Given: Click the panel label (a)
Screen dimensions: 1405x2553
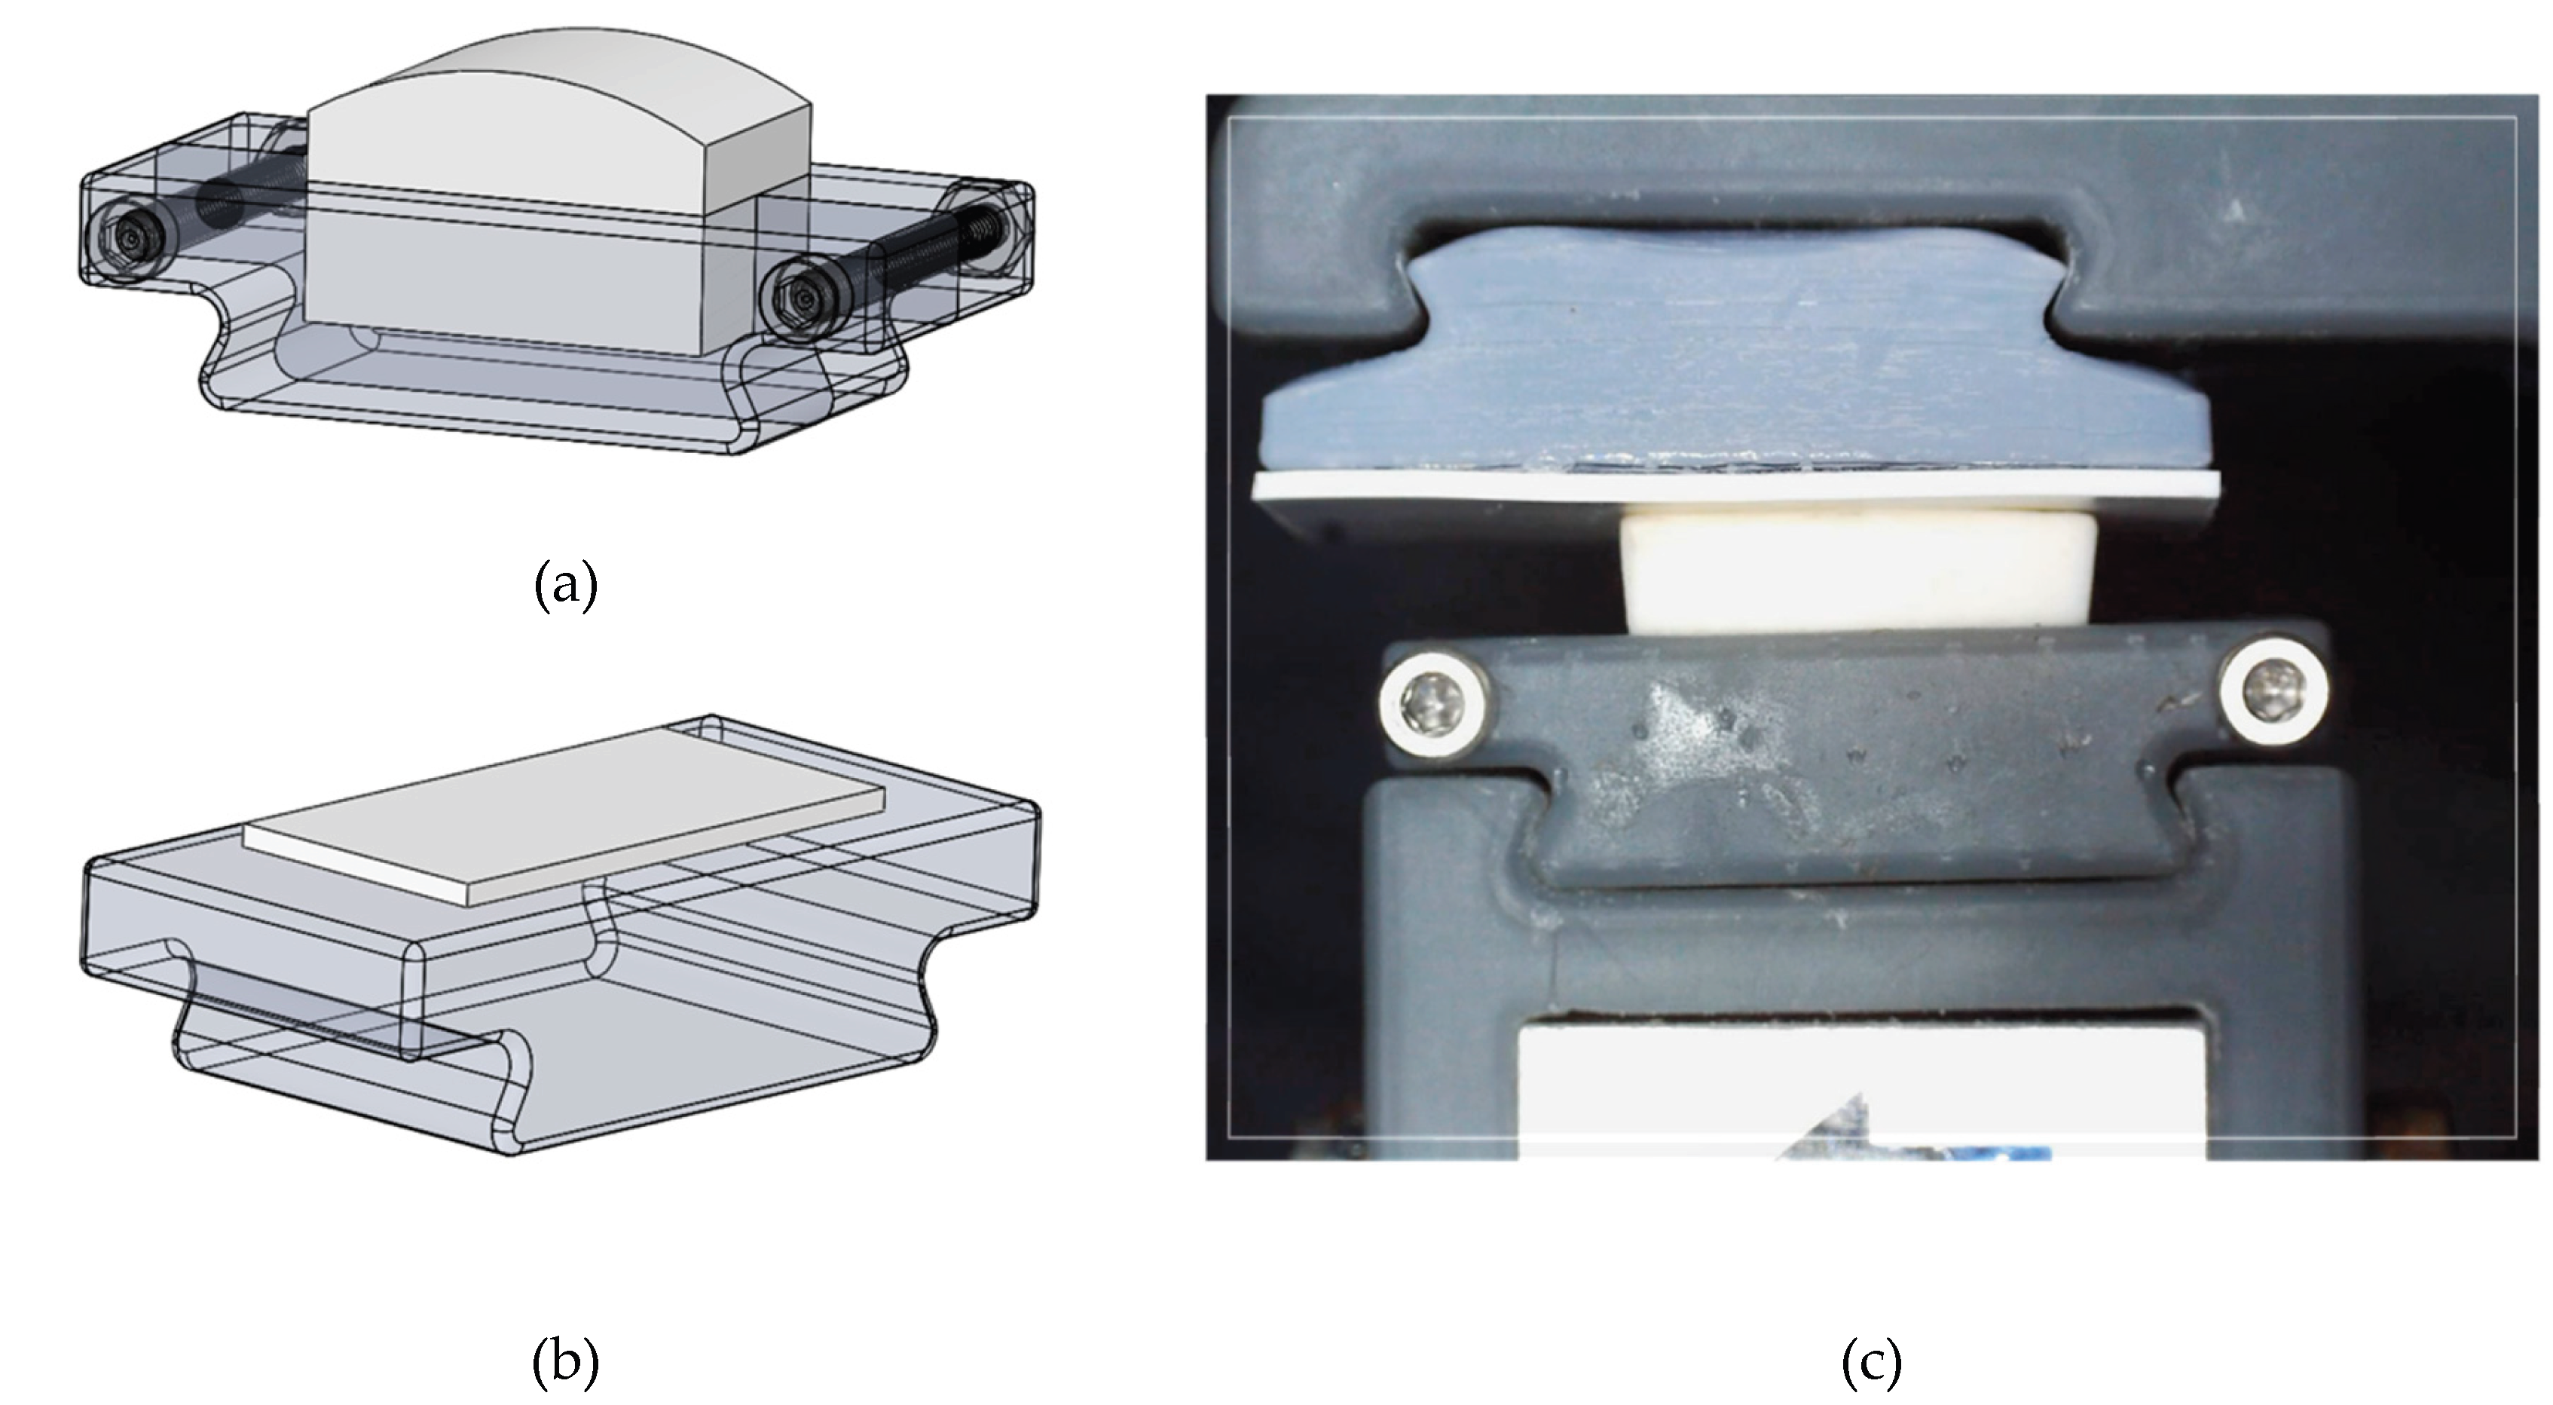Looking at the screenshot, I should tap(566, 586).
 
